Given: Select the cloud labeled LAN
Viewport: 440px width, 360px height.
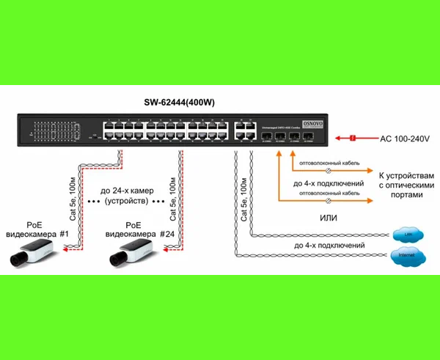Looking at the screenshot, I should click(x=404, y=235).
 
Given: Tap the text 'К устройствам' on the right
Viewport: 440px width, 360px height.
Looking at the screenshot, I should click(x=402, y=176).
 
